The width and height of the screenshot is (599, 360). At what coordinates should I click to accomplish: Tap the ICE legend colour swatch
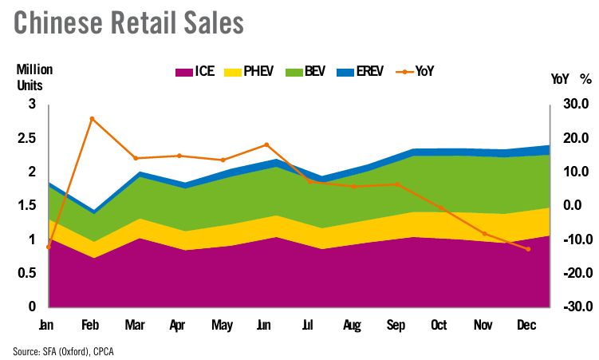tap(184, 72)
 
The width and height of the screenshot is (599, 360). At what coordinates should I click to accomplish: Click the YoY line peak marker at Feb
tap(92, 119)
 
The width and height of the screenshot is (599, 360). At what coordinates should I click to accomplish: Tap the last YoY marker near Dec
tap(528, 249)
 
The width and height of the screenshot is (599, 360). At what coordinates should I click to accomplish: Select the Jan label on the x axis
tap(47, 326)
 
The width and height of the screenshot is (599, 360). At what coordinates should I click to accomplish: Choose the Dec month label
tap(526, 326)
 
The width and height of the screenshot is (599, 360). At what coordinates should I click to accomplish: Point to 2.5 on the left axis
tap(27, 138)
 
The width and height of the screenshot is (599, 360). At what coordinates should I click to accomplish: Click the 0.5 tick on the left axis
tap(27, 273)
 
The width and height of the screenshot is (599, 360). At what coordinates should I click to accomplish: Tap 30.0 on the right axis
tap(573, 105)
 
